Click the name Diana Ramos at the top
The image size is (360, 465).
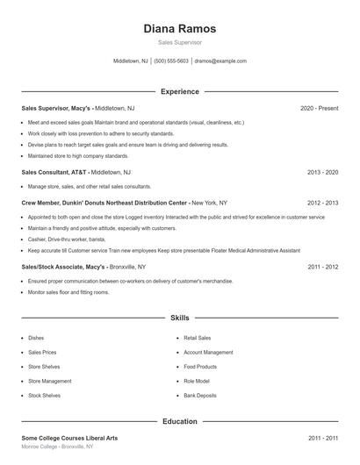179,28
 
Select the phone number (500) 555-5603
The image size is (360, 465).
171,61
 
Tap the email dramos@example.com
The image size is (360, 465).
220,61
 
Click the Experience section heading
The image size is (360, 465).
179,91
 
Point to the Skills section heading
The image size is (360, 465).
179,318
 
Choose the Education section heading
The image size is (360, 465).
179,421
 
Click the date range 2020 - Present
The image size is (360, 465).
319,108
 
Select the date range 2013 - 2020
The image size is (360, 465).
322,173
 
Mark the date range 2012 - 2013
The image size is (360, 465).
322,202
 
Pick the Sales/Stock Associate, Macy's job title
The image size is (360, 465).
63,266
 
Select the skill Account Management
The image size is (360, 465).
208,352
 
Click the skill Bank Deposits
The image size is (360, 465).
201,396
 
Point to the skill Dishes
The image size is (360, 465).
36,337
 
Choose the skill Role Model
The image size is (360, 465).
197,381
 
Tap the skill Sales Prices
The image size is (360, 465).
41,352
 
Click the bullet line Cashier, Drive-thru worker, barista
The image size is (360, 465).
67,239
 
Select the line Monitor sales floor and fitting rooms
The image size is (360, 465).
68,292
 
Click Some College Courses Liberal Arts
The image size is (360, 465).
70,437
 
